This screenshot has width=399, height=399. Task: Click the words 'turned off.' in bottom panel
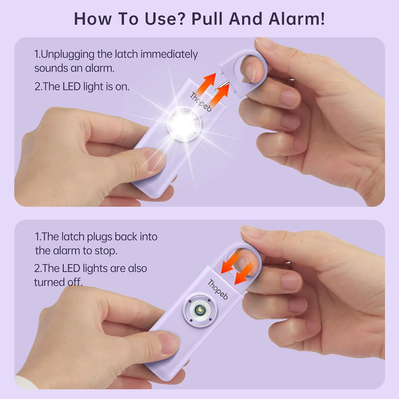pos(58,282)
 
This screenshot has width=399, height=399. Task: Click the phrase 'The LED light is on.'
pos(82,86)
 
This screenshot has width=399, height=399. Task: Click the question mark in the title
pos(184,18)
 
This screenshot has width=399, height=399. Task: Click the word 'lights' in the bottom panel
pos(99,268)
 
